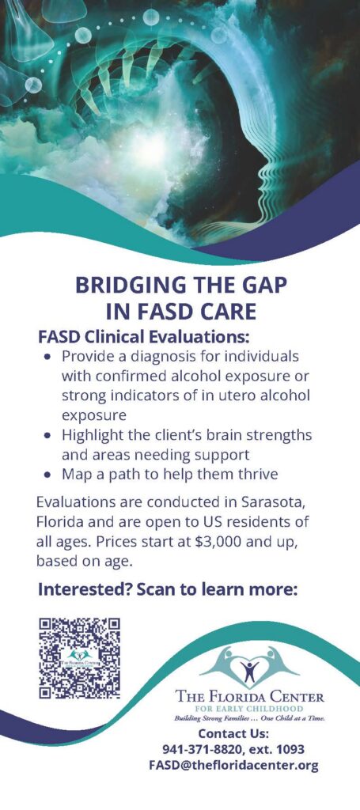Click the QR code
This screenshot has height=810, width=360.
coord(80,657)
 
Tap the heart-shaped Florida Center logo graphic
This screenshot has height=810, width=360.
coord(249,666)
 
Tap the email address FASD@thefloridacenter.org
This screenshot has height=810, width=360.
coord(233,765)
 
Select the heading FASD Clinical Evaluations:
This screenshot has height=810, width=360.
coord(144,337)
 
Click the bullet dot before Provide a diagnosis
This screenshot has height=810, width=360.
coord(48,357)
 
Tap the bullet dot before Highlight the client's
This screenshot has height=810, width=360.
coord(48,436)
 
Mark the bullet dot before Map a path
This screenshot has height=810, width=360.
coord(48,475)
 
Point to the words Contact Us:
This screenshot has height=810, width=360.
coord(233,733)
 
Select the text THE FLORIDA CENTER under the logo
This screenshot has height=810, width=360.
coord(250,698)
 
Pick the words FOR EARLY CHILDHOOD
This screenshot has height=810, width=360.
coord(249,709)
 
